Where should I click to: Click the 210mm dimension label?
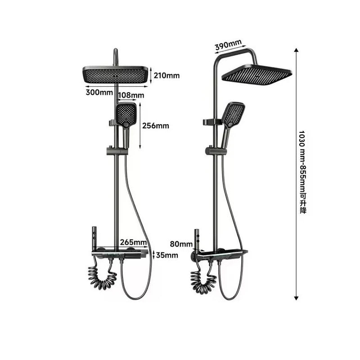pos(166,75)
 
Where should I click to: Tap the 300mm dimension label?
pos(99,93)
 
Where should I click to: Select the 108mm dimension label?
pos(131,95)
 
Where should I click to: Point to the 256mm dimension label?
pos(155,126)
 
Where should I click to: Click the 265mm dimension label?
pos(134,243)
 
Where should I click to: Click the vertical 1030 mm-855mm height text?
pos(302,172)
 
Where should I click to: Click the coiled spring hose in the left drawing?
pos(103,277)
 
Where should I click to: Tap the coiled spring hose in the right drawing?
pos(202,279)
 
